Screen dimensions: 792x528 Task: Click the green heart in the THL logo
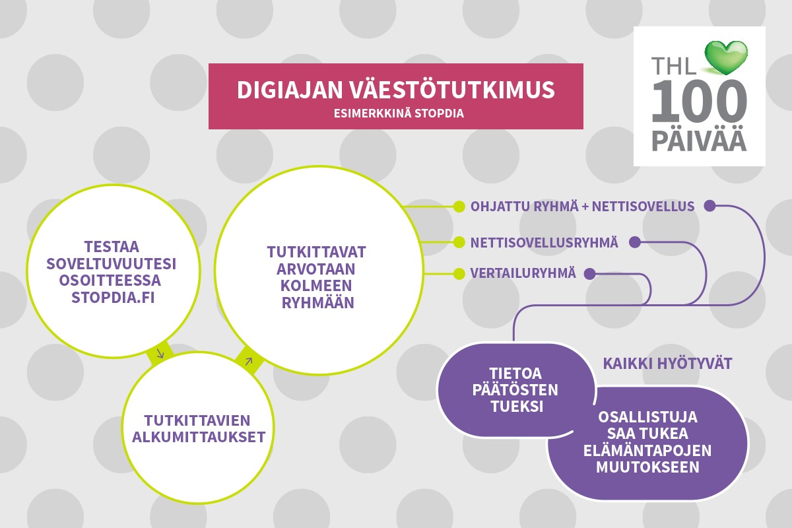pos(726,57)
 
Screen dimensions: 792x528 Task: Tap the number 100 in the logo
pos(699,101)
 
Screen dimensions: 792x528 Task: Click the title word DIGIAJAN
pos(290,90)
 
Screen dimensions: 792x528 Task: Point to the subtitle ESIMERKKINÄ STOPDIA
pos(399,114)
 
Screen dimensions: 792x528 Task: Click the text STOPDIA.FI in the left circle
pos(113,298)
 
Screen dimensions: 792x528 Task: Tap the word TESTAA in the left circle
pos(112,247)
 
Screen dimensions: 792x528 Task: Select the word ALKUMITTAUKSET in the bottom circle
pos(199,438)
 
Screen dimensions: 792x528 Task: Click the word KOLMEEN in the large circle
pos(316,286)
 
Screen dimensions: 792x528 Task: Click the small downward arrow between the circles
pos(160,354)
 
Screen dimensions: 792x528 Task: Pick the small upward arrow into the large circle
pos(249,361)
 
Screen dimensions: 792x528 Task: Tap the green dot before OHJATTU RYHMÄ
pos(459,207)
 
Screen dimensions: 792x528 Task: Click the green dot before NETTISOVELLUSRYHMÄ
pos(459,243)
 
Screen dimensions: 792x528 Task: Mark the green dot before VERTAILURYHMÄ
pos(459,274)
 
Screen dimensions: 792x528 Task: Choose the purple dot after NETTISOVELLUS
pos(709,206)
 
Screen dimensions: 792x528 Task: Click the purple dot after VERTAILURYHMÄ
pos(590,274)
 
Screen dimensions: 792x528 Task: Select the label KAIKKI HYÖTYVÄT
pos(667,364)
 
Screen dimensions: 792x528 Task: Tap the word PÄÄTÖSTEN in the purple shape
pos(515,390)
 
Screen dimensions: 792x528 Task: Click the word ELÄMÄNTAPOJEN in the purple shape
pos(647,451)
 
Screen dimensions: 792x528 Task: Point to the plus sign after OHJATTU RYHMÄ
pos(585,207)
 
